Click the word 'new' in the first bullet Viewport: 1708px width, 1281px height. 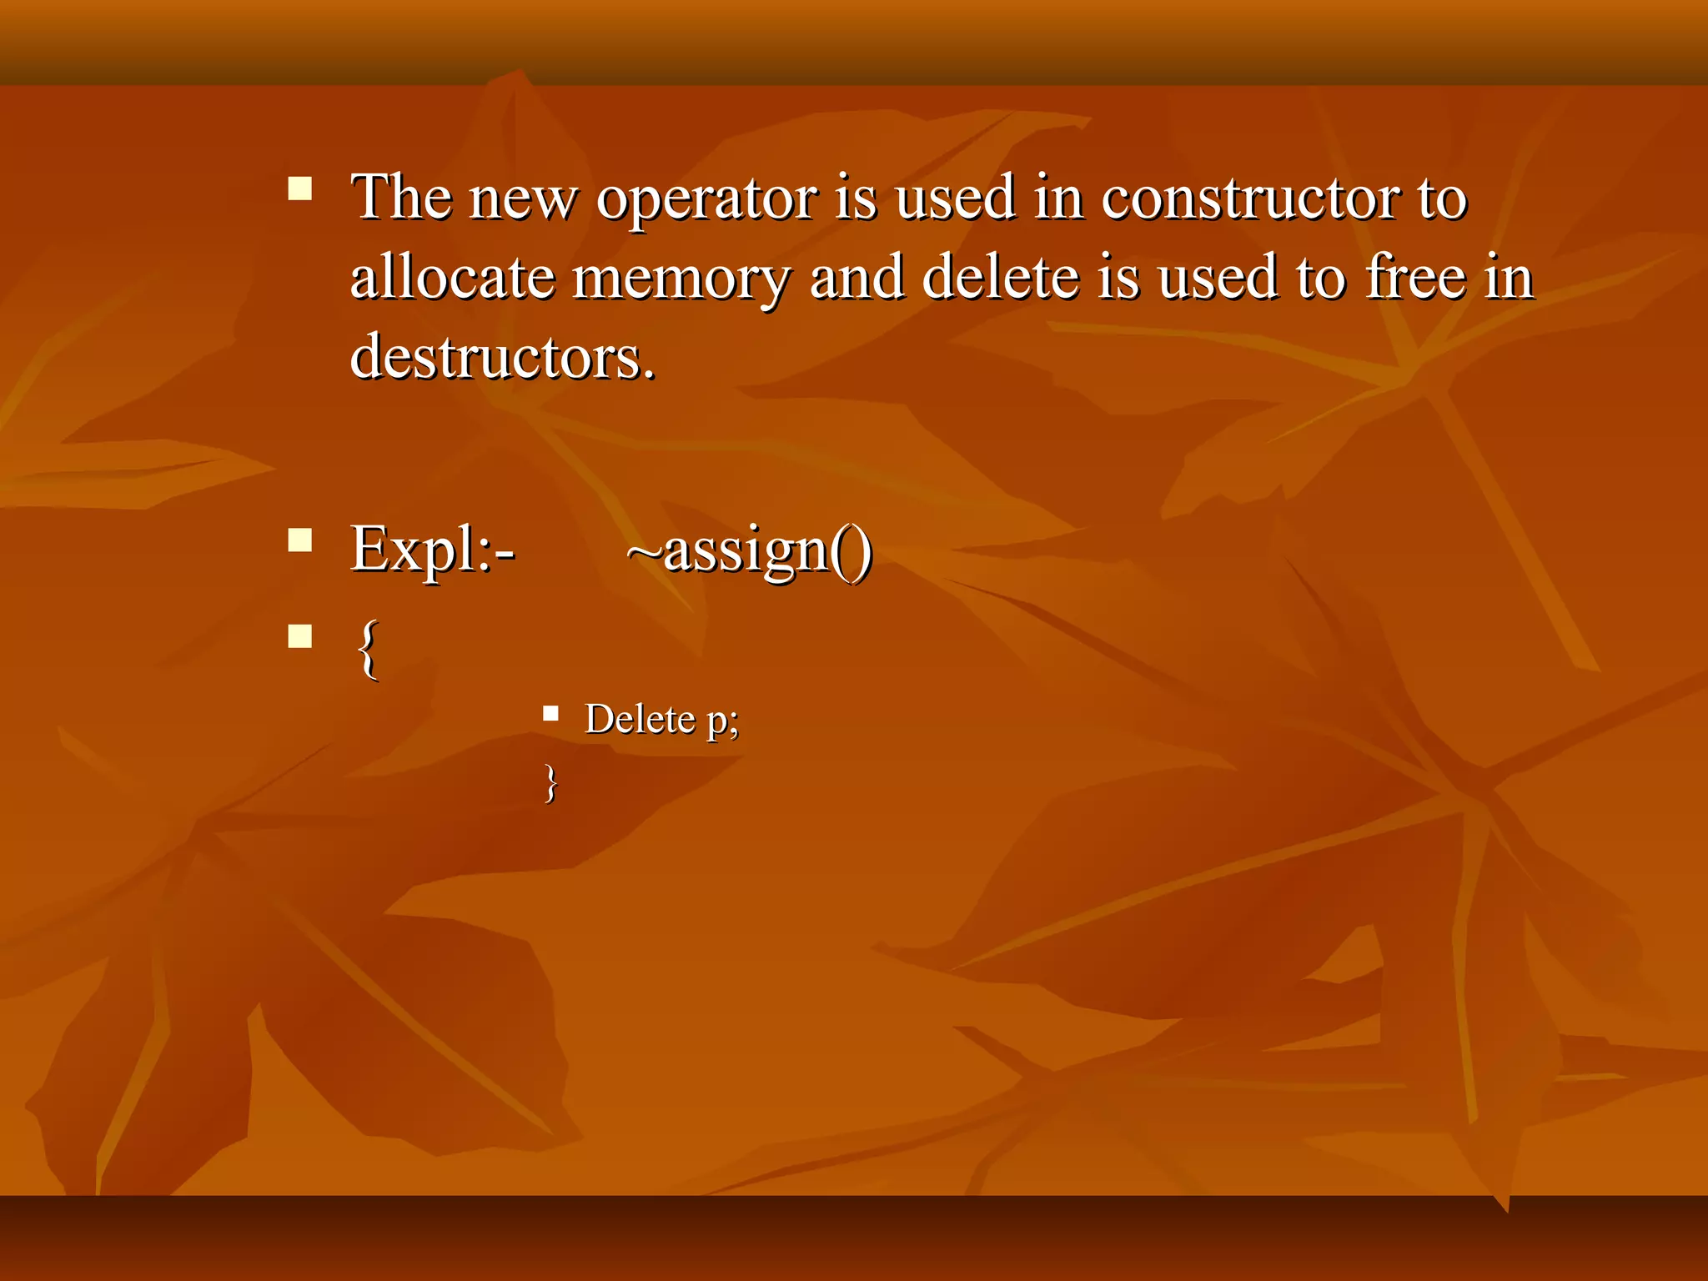point(522,200)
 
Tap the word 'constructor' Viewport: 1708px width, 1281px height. point(1247,200)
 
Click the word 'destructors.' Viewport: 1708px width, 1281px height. point(502,358)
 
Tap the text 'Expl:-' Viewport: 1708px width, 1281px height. point(432,551)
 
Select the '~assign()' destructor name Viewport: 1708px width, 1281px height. point(749,551)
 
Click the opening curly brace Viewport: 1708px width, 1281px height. point(368,649)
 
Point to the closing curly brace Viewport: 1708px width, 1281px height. point(550,783)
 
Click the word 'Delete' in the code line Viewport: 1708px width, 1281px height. point(640,719)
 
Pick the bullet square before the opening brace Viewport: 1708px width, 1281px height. point(299,636)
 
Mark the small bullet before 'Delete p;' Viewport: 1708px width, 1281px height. point(550,713)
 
